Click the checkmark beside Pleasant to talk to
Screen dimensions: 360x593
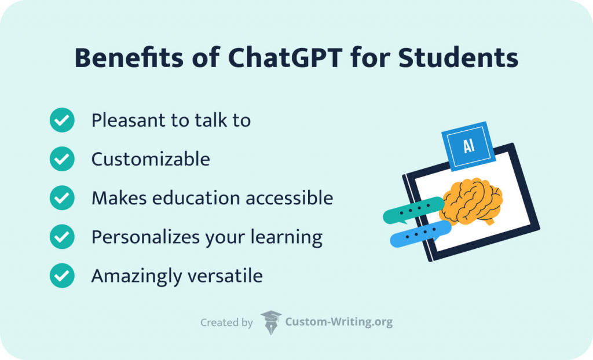pos(62,120)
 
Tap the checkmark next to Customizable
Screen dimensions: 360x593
pos(62,159)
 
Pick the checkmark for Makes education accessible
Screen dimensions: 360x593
pos(62,198)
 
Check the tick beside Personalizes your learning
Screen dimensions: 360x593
pos(62,237)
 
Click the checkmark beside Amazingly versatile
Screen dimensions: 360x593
pos(62,275)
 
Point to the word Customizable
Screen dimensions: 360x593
pos(151,159)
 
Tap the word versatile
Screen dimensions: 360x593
pos(228,275)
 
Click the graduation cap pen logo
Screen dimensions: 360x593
pos(270,322)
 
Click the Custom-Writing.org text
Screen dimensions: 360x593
pos(339,322)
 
